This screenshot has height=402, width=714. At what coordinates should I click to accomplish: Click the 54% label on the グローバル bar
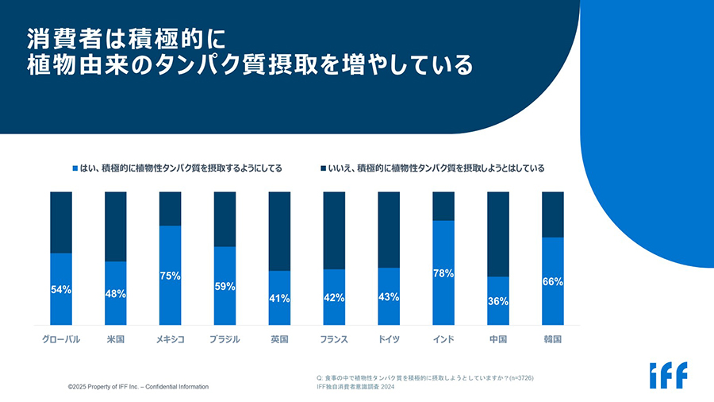point(61,290)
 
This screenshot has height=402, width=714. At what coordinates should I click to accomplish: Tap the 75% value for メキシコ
point(170,276)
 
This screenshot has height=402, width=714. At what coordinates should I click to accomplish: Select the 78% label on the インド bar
point(443,273)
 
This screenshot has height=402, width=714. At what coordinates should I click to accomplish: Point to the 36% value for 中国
point(498,301)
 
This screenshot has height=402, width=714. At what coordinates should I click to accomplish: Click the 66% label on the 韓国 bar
point(552,281)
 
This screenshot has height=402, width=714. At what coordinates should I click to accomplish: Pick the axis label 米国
point(116,339)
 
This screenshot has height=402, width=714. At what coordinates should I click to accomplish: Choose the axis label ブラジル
point(225,339)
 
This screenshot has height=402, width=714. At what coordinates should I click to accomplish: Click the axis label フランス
point(334,339)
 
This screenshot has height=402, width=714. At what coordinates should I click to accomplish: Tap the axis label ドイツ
point(389,339)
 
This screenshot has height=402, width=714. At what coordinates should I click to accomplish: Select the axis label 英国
point(279,339)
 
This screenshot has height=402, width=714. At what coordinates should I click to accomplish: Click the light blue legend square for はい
point(75,168)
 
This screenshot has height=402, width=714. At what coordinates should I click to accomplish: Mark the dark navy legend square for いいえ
point(324,168)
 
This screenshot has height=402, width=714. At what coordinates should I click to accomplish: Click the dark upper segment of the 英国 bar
point(279,230)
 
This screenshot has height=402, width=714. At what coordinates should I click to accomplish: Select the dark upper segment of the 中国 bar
point(498,234)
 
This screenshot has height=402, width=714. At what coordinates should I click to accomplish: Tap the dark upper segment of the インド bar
point(443,206)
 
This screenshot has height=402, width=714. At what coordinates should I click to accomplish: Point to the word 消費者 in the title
point(63,37)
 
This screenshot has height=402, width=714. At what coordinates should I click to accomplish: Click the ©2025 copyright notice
point(138,387)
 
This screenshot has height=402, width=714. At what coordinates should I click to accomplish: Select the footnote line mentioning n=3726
point(424,377)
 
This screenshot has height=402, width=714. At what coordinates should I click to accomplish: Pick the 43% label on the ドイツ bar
point(389,296)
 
